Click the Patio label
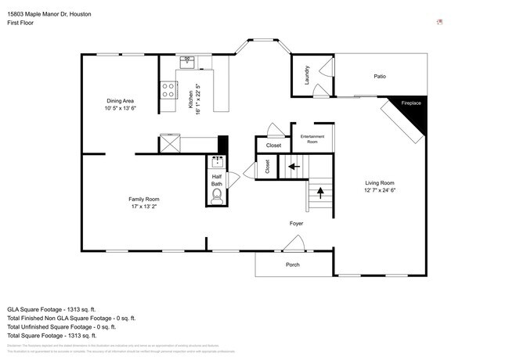point(379,76)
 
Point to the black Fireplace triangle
point(415,110)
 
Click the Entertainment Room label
point(312,139)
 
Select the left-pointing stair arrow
point(294,165)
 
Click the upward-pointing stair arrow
point(319,192)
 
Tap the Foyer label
point(296,224)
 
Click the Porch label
point(292,264)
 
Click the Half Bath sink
point(217,164)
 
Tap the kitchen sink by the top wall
point(188,60)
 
